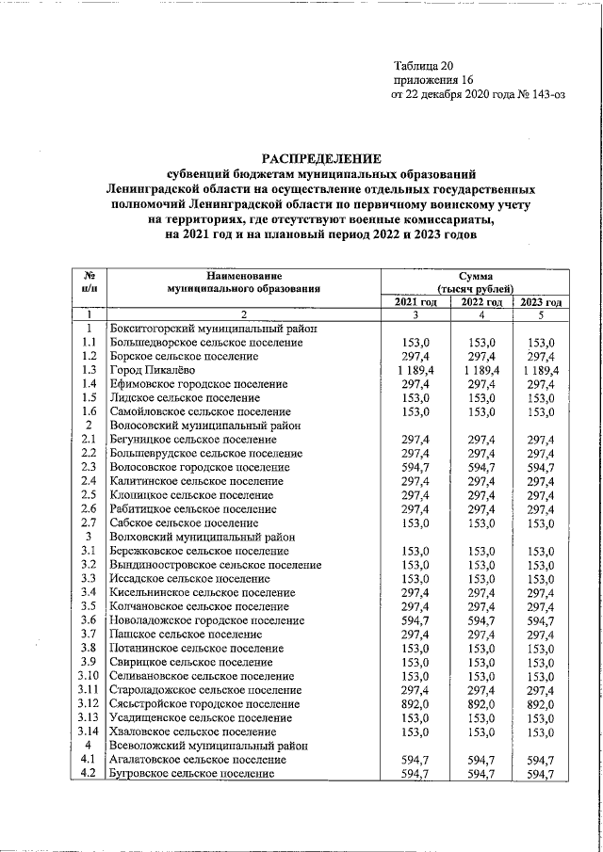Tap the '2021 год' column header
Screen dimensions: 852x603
click(x=416, y=301)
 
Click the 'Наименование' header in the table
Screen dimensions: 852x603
click(x=242, y=274)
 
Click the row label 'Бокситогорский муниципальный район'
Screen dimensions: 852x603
click(x=213, y=329)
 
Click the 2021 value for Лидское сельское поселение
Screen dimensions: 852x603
click(x=416, y=398)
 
